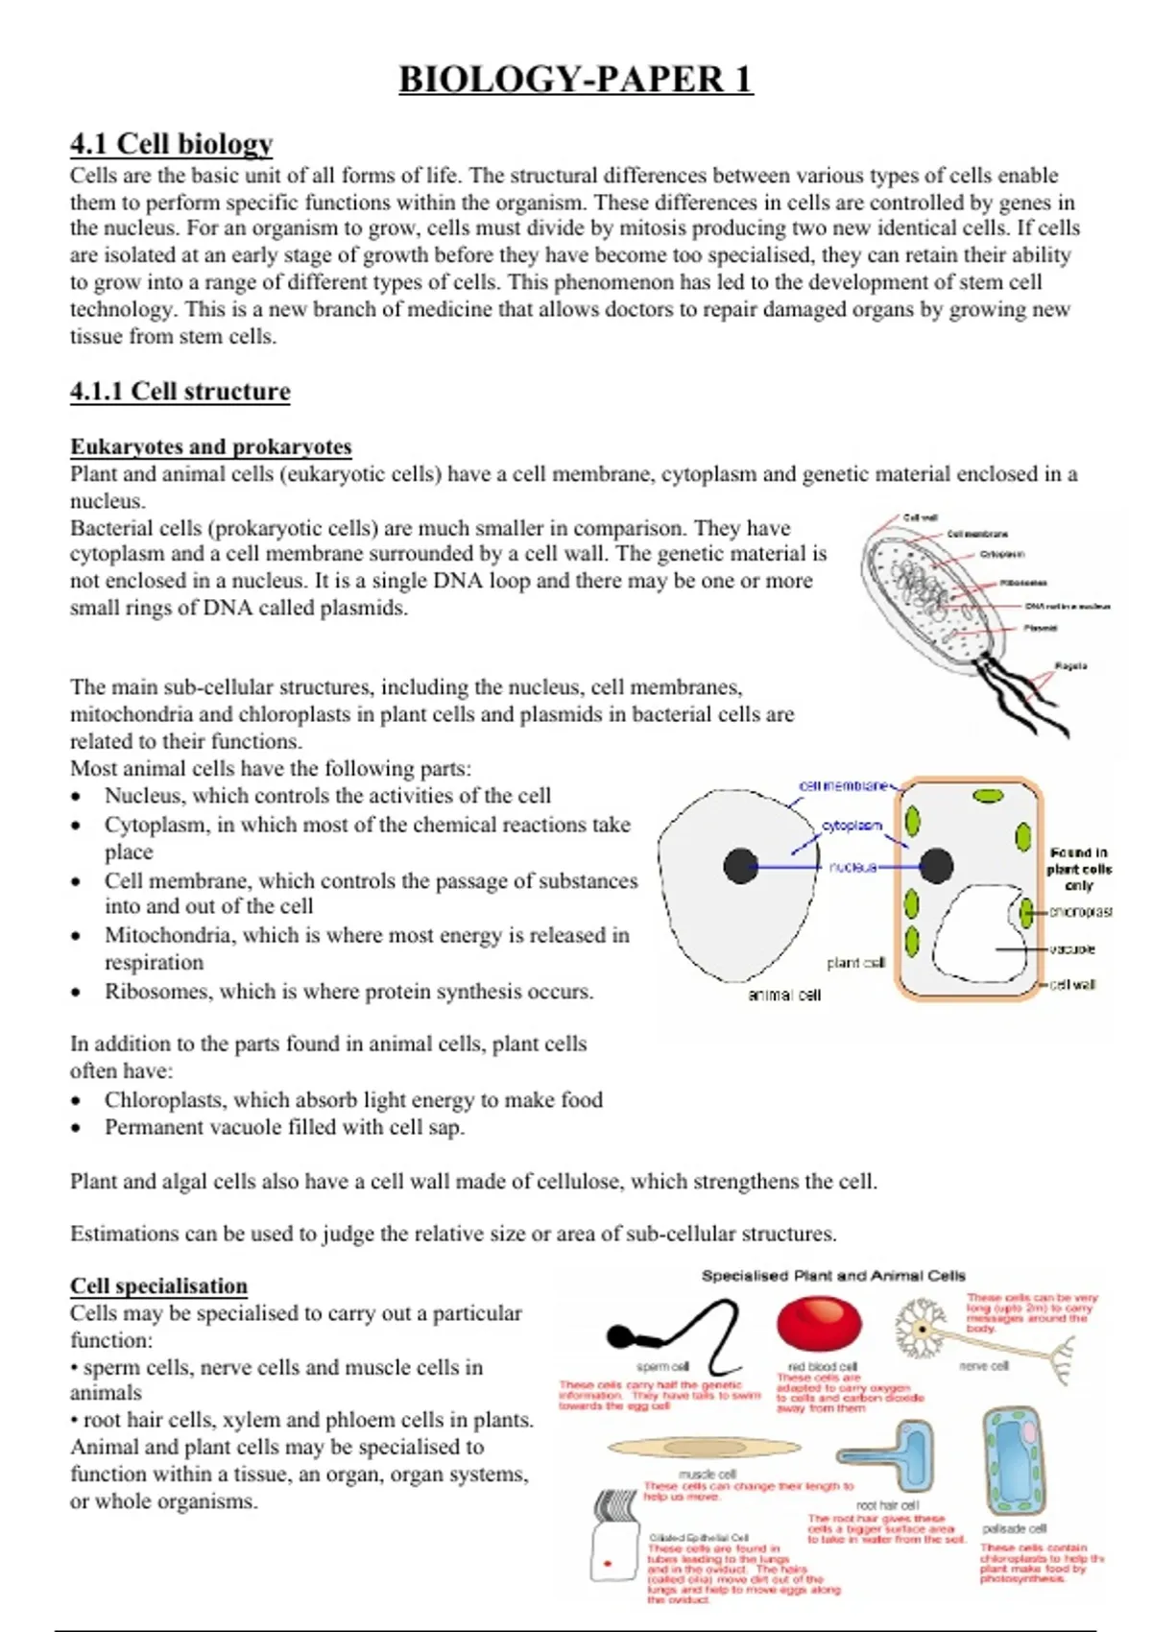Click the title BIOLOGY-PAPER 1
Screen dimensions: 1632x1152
575,79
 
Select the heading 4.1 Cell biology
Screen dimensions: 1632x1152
171,144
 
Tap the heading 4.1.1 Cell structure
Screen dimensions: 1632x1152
180,392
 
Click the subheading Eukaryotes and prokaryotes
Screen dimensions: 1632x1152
210,446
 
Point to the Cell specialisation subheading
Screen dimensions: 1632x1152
158,1285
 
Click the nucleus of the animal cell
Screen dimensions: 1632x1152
740,866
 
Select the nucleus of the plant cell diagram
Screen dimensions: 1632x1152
936,866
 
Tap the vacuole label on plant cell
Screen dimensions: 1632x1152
1072,949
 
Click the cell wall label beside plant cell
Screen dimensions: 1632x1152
1072,985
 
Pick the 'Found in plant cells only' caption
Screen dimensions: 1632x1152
1079,869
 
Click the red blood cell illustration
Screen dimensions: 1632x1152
819,1324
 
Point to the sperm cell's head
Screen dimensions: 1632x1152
620,1335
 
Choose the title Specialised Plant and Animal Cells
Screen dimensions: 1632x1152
833,1276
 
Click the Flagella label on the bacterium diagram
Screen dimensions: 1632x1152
1070,665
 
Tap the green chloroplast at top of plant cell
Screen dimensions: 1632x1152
987,796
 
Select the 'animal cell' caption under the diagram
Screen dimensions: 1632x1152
784,996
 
